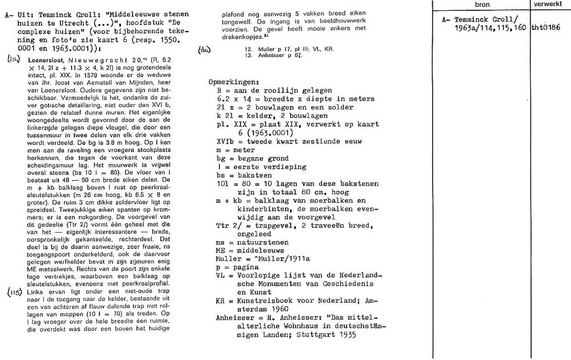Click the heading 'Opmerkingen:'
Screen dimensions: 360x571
235,82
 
